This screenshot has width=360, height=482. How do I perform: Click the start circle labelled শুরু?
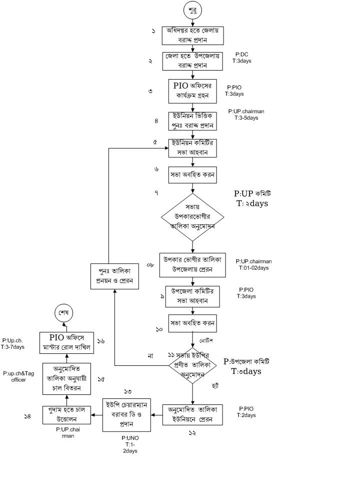(192, 10)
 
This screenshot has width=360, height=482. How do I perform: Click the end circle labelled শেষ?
(63, 313)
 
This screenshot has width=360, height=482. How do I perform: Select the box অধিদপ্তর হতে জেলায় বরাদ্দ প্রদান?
(192, 36)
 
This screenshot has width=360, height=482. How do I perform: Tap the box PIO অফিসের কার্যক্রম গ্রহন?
(192, 90)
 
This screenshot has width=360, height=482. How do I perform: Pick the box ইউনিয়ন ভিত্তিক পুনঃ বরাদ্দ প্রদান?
(192, 121)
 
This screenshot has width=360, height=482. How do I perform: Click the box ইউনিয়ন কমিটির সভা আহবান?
(192, 149)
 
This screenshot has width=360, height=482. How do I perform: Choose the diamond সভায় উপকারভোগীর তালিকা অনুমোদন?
(192, 217)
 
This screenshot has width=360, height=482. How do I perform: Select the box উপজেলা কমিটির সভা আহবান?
(192, 296)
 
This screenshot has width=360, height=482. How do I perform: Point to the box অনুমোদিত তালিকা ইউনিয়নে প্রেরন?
(192, 415)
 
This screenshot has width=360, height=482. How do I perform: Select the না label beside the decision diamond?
(150, 356)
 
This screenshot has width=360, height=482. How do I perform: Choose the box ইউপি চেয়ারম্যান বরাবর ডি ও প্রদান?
(127, 414)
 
